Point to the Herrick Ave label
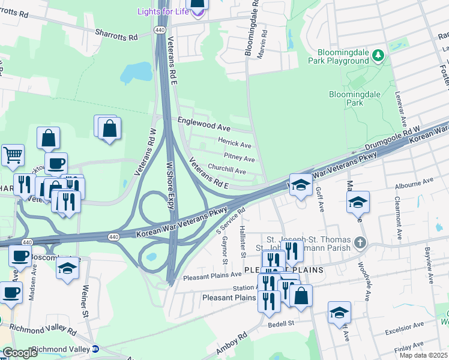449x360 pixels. pos(234,145)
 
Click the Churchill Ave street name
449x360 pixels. pos(227,171)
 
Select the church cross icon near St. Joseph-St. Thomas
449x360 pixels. pos(360,242)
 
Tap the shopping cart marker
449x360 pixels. pos(13,155)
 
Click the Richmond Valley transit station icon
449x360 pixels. pos(95,349)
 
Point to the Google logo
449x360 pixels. pos(20,352)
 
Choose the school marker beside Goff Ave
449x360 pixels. pos(300,185)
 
